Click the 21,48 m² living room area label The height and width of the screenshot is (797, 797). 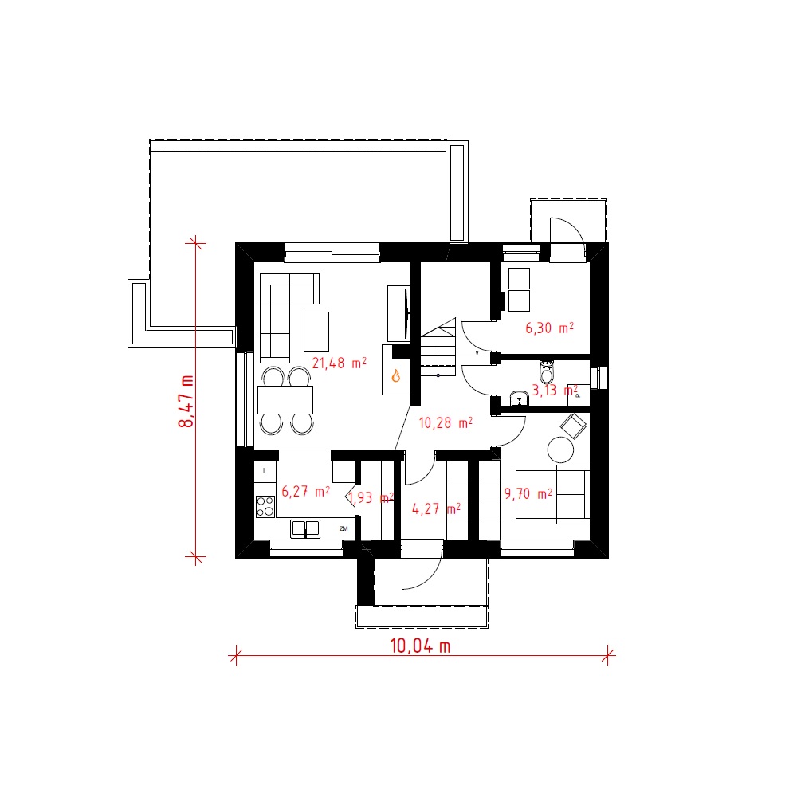coord(339,363)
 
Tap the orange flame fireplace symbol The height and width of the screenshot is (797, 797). coord(396,375)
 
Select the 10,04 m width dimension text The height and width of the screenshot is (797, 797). coord(420,646)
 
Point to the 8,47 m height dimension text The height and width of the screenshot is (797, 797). coord(186,402)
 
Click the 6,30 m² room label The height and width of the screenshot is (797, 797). coord(549,328)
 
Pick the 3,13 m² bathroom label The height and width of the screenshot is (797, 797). coord(555,391)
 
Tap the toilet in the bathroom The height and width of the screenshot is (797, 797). coord(547,371)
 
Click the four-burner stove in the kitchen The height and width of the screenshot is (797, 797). coord(265,507)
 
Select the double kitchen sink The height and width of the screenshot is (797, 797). coord(305,528)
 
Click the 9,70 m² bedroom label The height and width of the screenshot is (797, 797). coord(528,493)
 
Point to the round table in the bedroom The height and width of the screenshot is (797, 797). coord(560,450)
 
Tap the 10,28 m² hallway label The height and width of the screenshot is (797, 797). coord(446,423)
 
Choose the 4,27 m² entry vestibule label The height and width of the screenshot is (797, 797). coord(436,508)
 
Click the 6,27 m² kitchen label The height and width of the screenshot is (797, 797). coord(305,492)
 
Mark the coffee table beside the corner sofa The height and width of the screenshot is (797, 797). coord(316,332)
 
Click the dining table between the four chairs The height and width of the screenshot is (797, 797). coord(285,400)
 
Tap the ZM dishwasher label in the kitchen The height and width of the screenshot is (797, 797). coord(344,528)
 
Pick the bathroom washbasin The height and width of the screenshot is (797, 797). coord(520,398)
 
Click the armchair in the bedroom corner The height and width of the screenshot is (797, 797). coord(573,426)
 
